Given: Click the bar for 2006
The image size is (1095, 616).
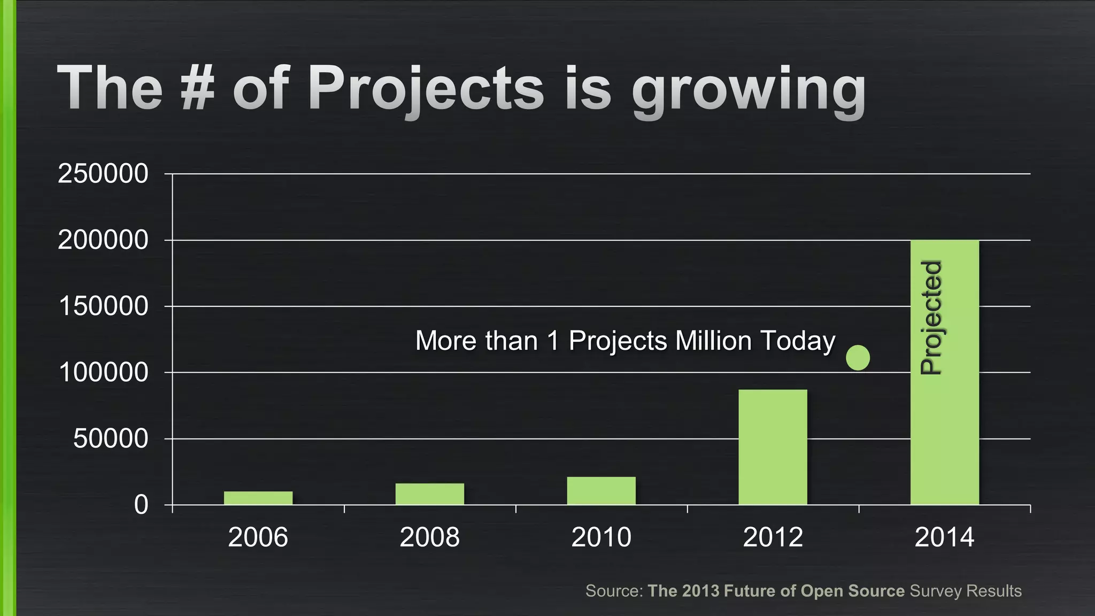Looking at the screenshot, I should (258, 498).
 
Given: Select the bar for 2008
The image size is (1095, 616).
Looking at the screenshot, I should (430, 494).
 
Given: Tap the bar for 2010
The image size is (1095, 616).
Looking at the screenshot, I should (602, 491).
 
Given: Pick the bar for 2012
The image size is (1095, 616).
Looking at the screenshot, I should (773, 447).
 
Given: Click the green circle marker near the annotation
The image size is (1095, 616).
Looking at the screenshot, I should (858, 358).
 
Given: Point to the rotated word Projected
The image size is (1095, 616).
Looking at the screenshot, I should (931, 318).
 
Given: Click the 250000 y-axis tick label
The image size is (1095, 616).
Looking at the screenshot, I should (103, 174).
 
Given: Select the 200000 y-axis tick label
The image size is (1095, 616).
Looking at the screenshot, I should (103, 240).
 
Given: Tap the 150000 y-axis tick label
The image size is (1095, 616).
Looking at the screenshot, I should (103, 306).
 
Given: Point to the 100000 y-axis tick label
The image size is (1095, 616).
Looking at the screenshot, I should (103, 373).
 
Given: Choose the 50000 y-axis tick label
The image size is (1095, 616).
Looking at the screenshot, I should (110, 439).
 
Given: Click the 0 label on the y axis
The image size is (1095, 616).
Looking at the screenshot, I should (141, 505).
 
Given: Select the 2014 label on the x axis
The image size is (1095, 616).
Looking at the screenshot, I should (944, 537).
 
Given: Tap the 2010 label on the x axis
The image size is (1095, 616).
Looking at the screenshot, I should (601, 537).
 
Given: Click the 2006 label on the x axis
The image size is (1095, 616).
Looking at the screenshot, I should (258, 537).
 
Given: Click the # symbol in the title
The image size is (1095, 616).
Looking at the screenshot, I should (198, 88).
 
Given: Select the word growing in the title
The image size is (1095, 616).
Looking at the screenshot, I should (748, 91).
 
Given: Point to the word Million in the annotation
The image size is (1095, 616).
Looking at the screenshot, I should (713, 341).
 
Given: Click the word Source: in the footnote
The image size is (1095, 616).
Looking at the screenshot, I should (614, 591).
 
